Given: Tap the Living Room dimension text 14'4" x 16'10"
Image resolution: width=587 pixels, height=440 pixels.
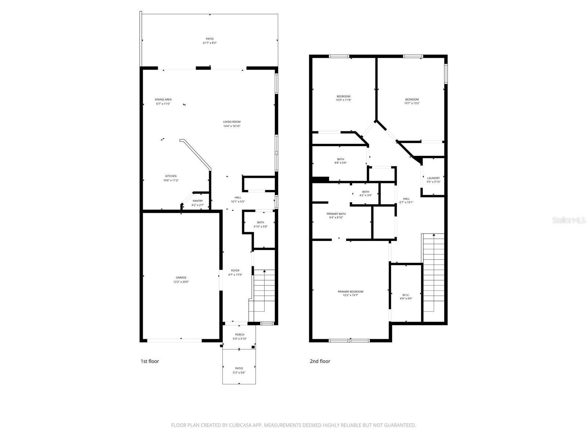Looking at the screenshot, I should (232, 126).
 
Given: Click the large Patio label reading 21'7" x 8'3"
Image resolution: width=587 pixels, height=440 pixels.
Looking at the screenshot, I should (209, 41).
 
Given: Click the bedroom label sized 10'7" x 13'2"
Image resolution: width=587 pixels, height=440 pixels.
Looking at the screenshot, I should (412, 101).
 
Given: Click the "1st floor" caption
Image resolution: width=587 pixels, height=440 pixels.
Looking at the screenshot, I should (150, 361).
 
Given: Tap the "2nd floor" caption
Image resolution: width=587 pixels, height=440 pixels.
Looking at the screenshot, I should (320, 361).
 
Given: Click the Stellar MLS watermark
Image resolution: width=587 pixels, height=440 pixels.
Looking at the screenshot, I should (569, 220).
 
